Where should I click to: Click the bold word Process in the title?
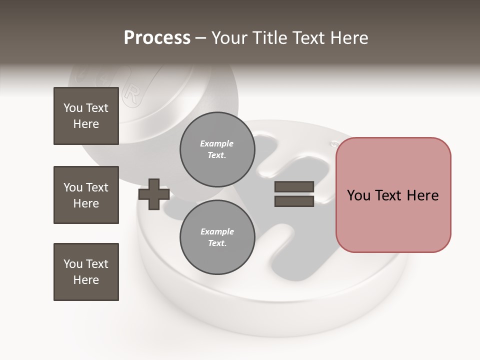[157, 38]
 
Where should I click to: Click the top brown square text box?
[86, 116]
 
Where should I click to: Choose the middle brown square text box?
[86, 195]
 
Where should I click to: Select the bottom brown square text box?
[86, 272]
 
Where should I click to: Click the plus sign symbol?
[153, 195]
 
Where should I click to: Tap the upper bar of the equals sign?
[294, 187]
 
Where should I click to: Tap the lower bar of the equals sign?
[294, 201]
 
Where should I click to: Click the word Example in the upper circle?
[216, 143]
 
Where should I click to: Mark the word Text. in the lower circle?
[216, 243]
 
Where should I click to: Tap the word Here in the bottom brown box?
[86, 280]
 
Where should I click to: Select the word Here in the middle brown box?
[86, 203]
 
